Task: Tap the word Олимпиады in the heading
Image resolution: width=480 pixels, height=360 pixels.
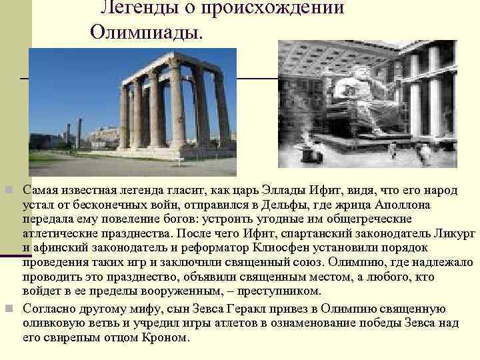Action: coord(143,31)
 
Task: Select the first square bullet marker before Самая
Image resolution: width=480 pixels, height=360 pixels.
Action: coord(8,190)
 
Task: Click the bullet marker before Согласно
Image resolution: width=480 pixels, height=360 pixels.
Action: coord(8,308)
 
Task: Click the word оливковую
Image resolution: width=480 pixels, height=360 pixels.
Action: coord(54,322)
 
